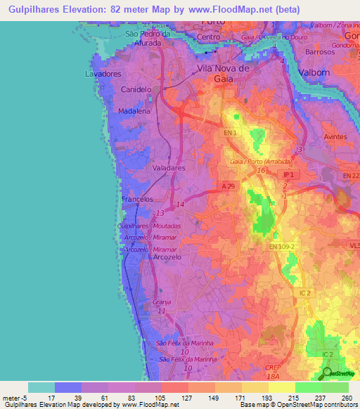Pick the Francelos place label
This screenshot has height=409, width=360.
coord(137,200)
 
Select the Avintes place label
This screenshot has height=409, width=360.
coord(336,137)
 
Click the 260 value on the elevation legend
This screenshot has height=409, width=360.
coord(347,398)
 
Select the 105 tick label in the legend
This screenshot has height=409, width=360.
coord(150,398)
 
